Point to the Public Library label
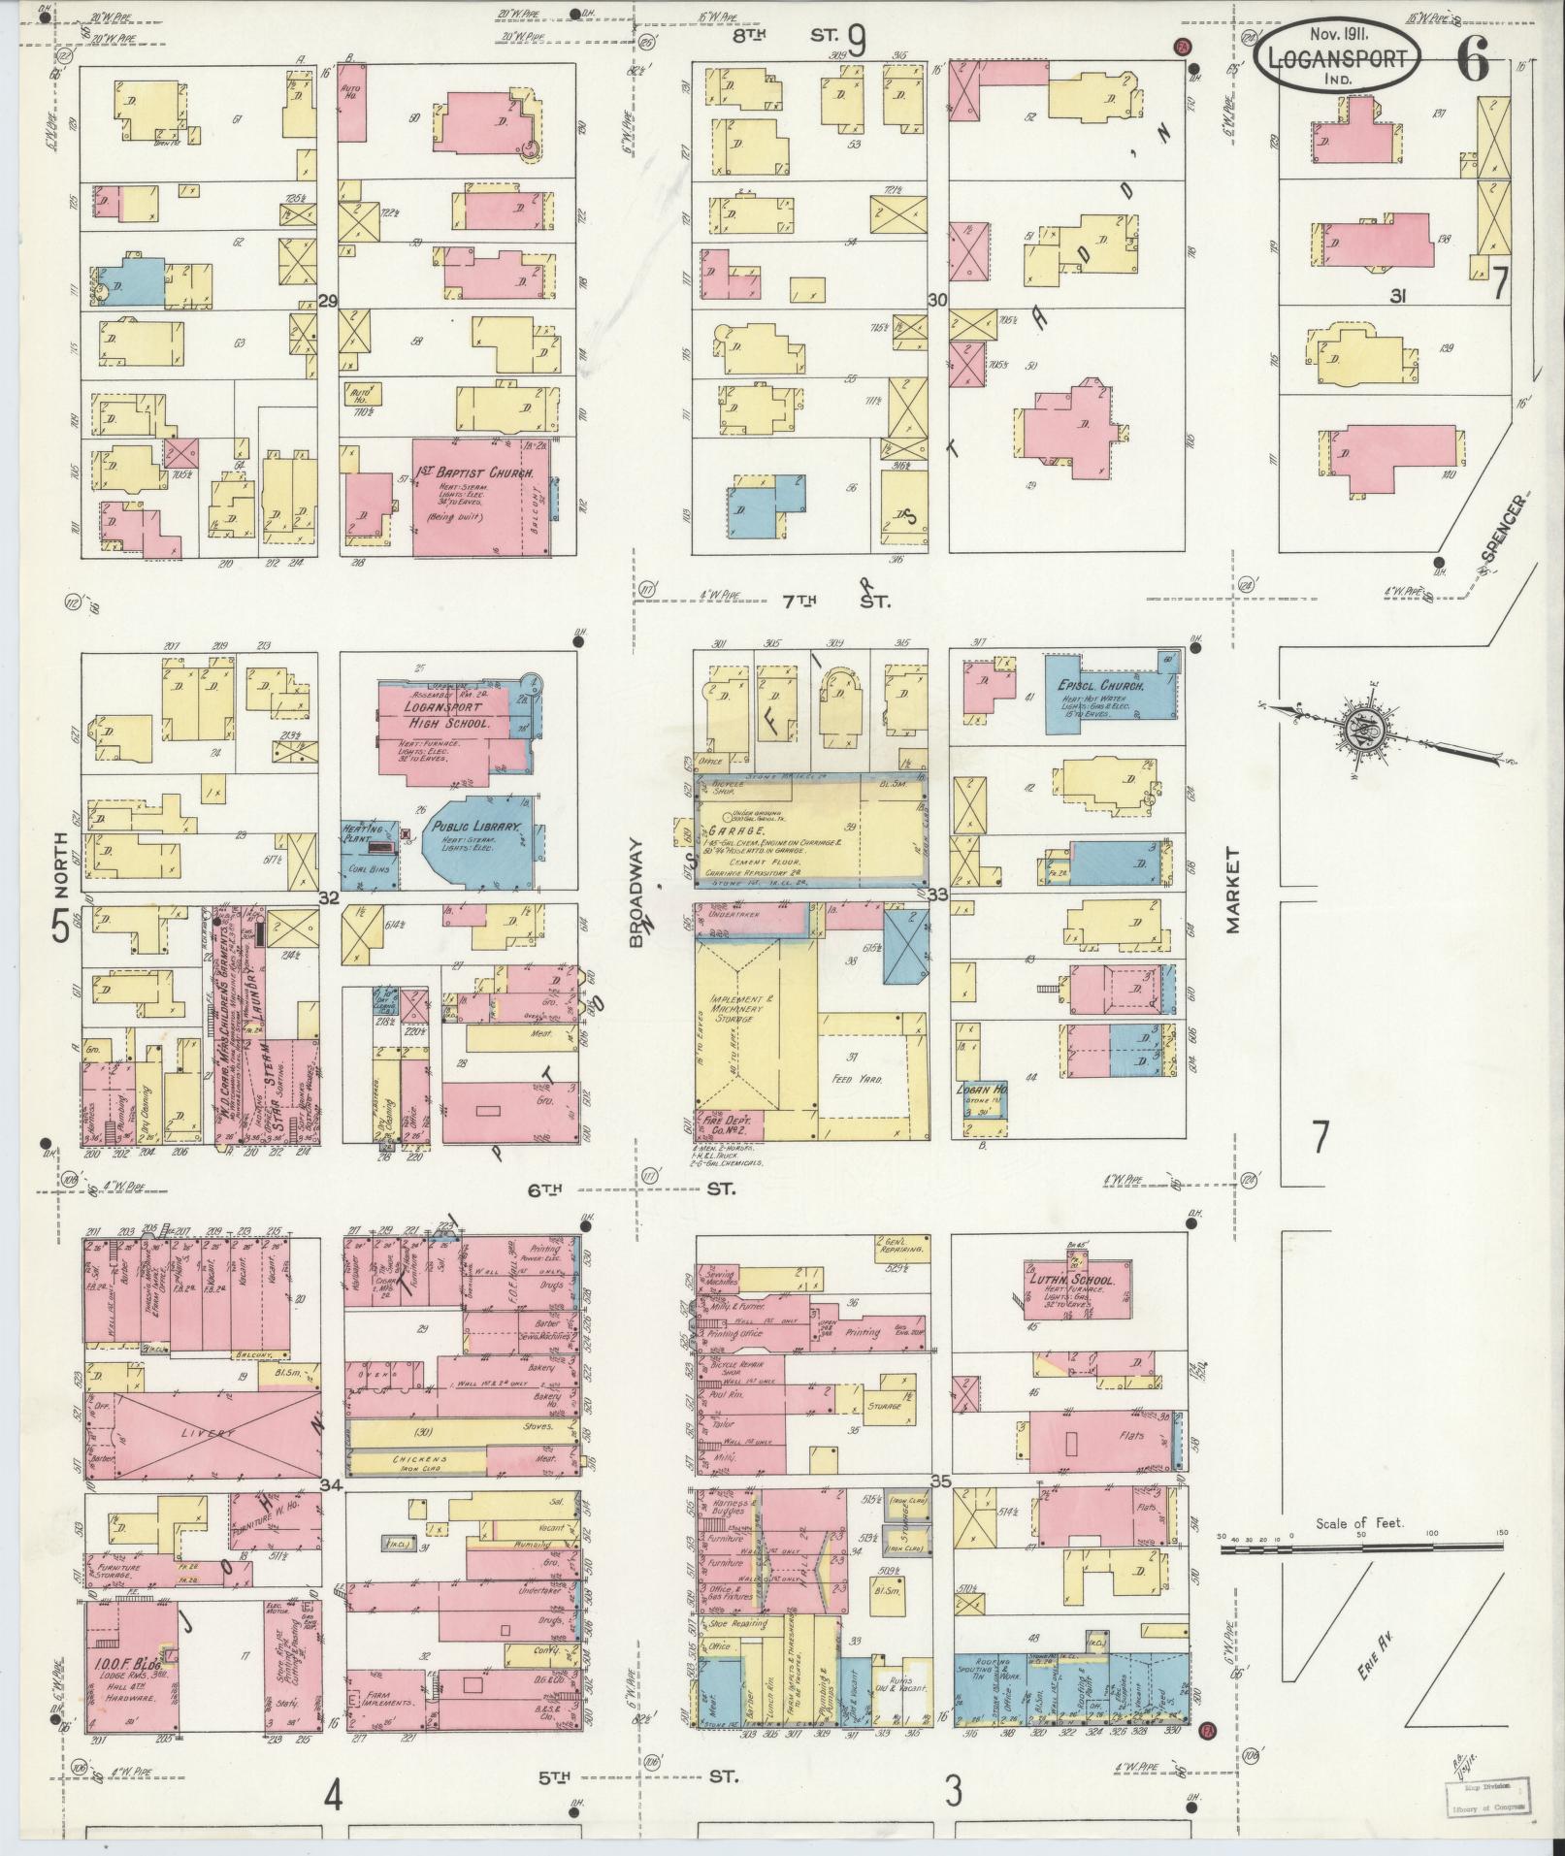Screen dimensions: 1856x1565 pos(479,828)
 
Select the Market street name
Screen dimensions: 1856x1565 pos(1233,890)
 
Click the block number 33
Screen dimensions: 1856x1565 pos(937,895)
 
